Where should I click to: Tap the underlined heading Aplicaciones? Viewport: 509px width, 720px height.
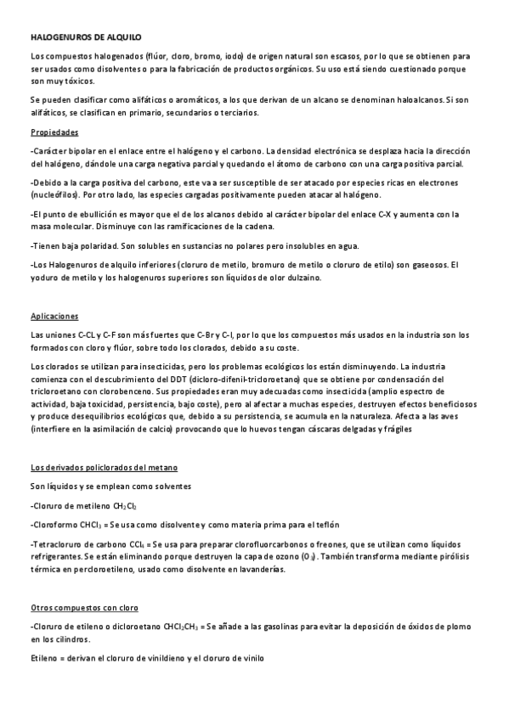(54, 316)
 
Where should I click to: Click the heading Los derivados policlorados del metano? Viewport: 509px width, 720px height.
(104, 468)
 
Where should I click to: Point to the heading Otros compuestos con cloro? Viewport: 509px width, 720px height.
(84, 608)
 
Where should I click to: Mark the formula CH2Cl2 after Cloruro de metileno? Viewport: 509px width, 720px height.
(131, 506)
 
